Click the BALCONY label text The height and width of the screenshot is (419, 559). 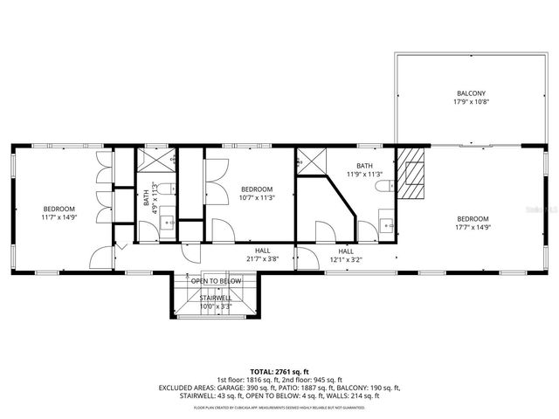click(x=471, y=93)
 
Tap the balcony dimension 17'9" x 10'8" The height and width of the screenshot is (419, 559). click(x=471, y=102)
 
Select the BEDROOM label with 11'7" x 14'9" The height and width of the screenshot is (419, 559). click(x=59, y=209)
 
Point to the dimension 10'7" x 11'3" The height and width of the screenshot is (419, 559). click(x=257, y=197)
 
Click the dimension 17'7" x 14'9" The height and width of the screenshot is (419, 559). click(x=472, y=227)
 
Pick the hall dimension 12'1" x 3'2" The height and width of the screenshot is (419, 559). click(x=346, y=258)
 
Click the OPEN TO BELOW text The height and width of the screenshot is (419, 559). click(x=216, y=281)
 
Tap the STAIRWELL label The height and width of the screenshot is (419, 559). click(x=216, y=299)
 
